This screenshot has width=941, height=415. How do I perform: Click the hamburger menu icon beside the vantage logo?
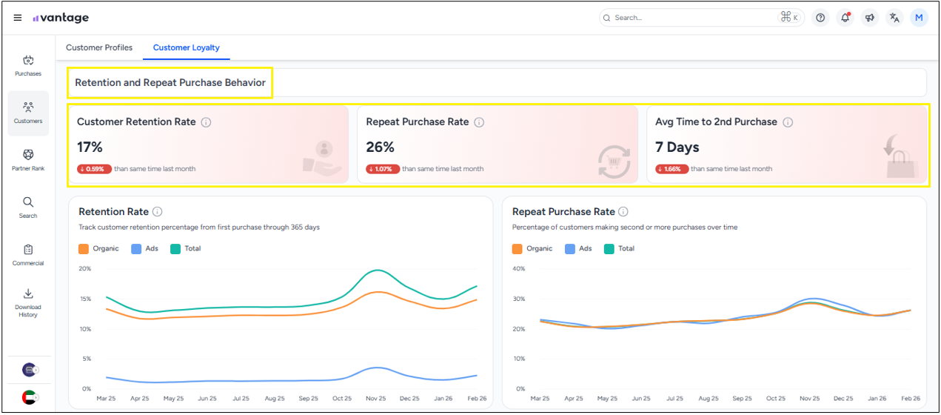click(18, 18)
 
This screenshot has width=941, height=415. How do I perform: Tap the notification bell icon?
click(845, 18)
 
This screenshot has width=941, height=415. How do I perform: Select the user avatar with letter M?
click(919, 18)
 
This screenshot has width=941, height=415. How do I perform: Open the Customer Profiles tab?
click(99, 47)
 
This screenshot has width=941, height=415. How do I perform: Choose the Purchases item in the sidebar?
click(28, 66)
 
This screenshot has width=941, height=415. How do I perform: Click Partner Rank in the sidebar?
click(28, 160)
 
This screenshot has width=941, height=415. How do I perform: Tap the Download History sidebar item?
click(28, 303)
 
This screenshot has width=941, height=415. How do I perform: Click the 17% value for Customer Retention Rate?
click(90, 147)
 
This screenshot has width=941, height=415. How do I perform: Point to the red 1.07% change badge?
click(383, 169)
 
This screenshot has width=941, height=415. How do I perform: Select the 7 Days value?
click(677, 147)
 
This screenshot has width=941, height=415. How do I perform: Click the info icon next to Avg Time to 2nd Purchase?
click(788, 122)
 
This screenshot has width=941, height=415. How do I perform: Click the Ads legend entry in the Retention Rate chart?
click(144, 248)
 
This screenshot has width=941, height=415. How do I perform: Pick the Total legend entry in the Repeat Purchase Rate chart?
click(619, 248)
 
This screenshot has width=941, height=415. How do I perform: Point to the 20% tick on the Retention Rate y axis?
click(85, 269)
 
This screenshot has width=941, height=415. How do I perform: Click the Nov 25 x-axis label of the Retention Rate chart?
click(375, 398)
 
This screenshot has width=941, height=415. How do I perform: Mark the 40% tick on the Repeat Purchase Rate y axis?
click(519, 269)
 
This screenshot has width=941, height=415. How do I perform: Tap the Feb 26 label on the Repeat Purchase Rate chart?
click(911, 398)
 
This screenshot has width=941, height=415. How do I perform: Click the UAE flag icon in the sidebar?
click(29, 397)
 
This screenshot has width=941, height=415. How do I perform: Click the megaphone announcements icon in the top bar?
click(870, 18)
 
